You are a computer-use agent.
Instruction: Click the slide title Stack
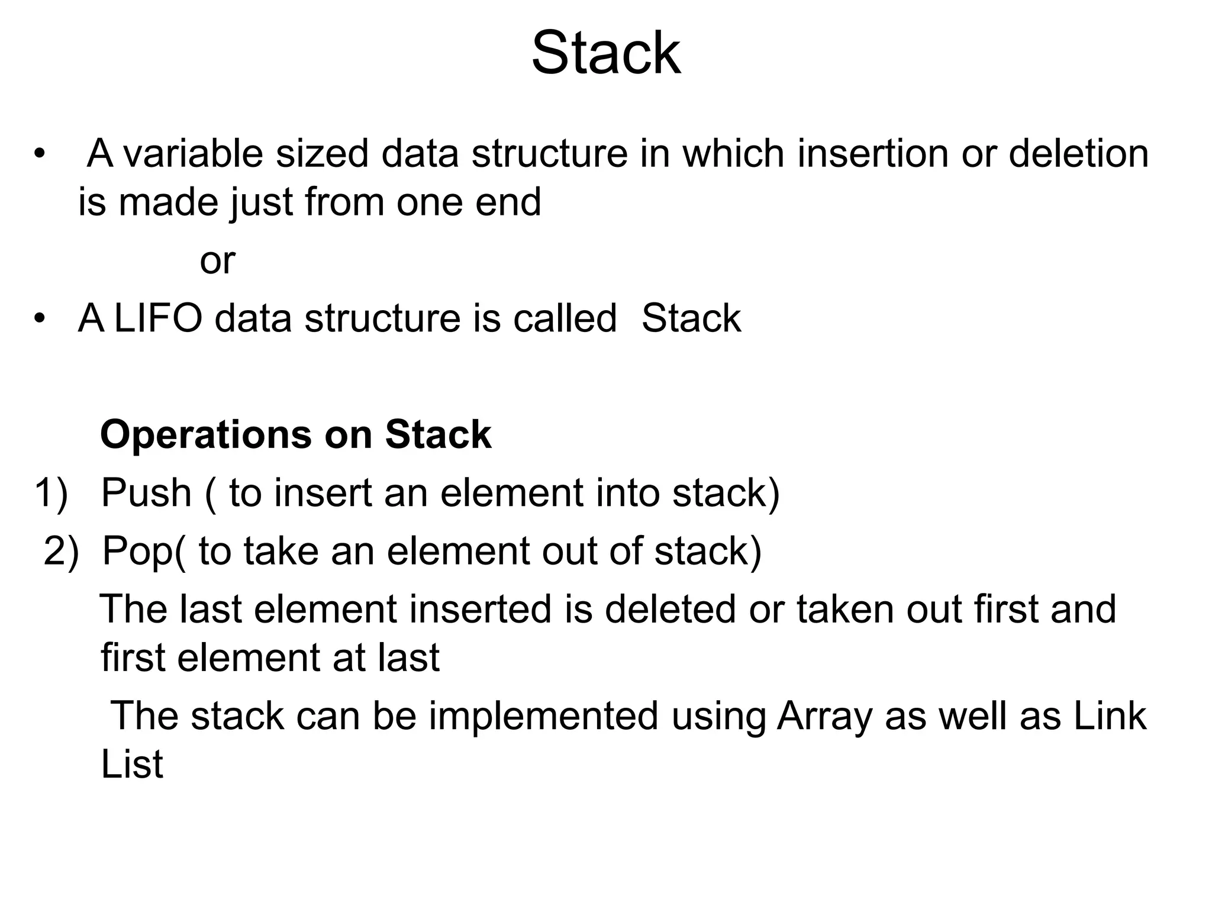pyautogui.click(x=606, y=54)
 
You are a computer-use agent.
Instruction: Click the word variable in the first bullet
pyautogui.click(x=192, y=154)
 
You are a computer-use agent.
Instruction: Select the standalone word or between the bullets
pyautogui.click(x=217, y=261)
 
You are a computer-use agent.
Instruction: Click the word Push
pyautogui.click(x=146, y=493)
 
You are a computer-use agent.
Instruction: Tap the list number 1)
pyautogui.click(x=51, y=493)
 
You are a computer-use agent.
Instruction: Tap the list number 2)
pyautogui.click(x=61, y=552)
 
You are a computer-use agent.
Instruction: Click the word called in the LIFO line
pyautogui.click(x=565, y=318)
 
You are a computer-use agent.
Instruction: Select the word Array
pyautogui.click(x=824, y=716)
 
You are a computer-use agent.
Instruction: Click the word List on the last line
pyautogui.click(x=131, y=765)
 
